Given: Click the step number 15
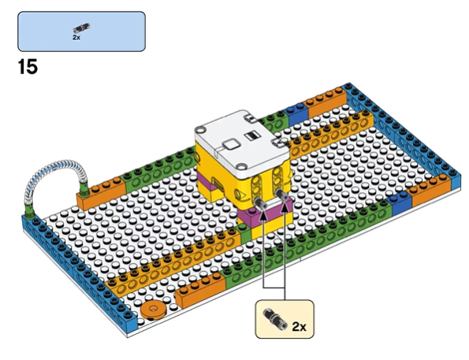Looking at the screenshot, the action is tap(28, 66).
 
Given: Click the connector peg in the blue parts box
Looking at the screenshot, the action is tap(82, 28).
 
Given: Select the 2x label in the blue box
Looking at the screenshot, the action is tap(76, 37).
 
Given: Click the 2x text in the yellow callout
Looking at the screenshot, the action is tap(299, 326).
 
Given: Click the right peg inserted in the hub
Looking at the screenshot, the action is tap(282, 195).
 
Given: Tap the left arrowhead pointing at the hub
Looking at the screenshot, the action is tap(263, 215).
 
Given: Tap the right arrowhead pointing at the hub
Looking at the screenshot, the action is tap(285, 206).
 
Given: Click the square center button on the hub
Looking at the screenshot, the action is tap(232, 145).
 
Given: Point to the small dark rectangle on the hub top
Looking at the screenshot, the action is tap(252, 136).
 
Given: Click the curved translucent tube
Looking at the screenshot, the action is tap(51, 180).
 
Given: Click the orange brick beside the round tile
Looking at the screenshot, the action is tap(200, 289).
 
